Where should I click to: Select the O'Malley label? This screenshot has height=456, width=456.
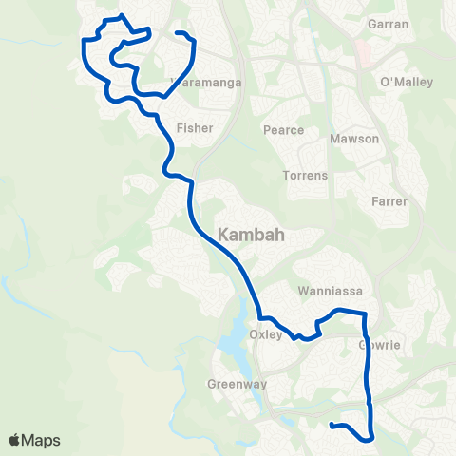pos(406,83)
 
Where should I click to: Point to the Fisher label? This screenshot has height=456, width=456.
pos(194,127)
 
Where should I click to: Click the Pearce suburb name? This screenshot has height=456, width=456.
pos(284,130)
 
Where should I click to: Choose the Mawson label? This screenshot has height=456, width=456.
pos(353,139)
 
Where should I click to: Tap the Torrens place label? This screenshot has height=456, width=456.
pos(305,176)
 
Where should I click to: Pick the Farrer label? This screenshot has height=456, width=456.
pos(390,201)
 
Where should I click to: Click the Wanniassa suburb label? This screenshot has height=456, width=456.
pos(326,291)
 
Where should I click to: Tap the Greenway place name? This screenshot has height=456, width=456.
pos(237,385)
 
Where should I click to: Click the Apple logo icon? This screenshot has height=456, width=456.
pos(16,440)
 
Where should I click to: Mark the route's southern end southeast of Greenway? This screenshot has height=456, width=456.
pos(331,425)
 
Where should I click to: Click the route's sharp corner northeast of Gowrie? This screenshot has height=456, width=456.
pos(363,313)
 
